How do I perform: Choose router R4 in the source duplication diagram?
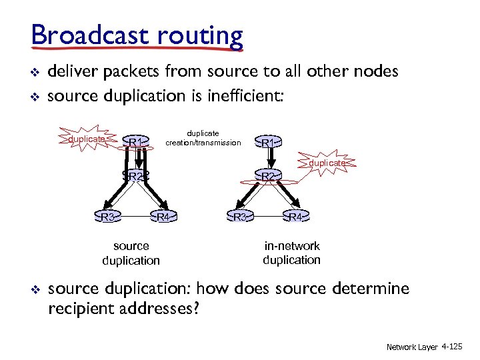[164, 217]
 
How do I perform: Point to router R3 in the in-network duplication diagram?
[241, 217]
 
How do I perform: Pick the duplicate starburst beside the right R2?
[327, 163]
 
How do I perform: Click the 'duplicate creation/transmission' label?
[203, 138]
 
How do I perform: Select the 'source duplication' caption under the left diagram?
[131, 253]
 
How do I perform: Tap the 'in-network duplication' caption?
[292, 253]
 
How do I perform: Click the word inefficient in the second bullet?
[249, 95]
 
